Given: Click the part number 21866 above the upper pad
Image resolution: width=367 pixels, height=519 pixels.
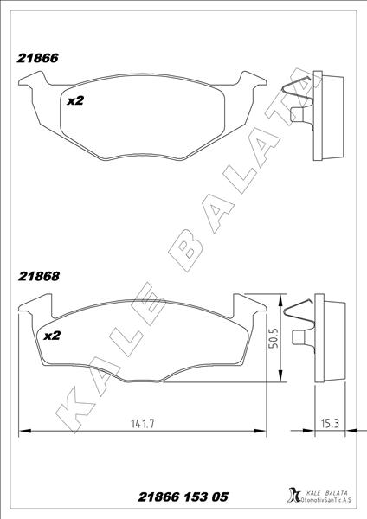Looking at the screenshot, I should point(38,59).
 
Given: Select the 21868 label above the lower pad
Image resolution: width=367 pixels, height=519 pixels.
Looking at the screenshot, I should point(38,279).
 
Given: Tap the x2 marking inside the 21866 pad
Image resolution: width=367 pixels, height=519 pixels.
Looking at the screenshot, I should point(74,101).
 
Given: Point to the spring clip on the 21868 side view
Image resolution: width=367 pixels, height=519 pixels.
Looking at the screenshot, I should point(301,313).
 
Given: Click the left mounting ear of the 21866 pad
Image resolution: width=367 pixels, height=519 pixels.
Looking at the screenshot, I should point(32,84).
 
